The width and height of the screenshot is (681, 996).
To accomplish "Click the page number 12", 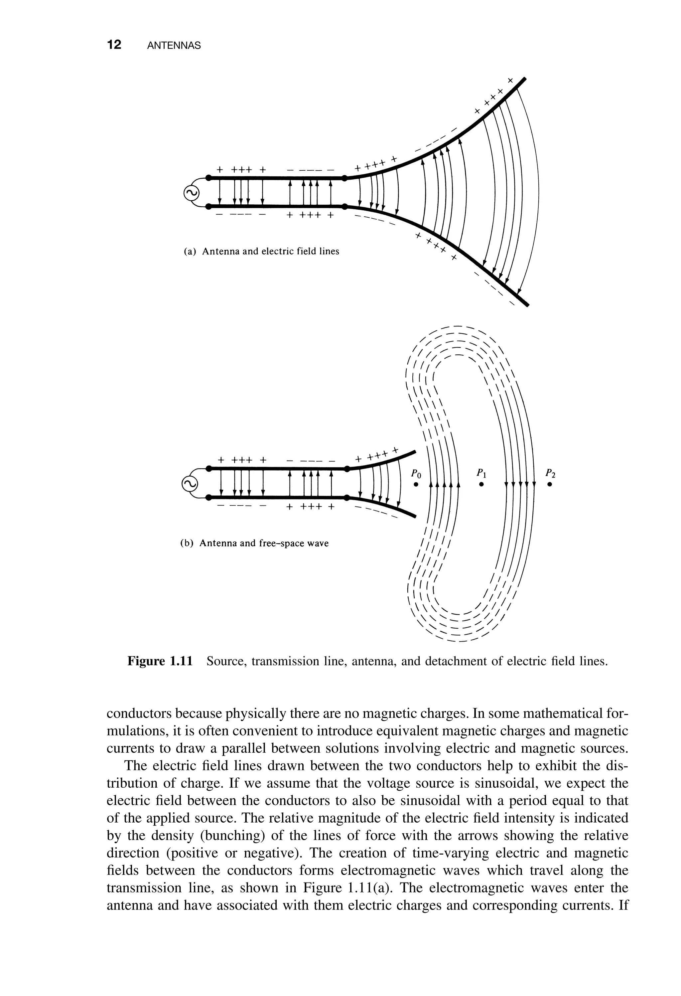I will coord(114,45).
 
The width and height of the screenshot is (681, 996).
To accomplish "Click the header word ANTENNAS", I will coord(174,46).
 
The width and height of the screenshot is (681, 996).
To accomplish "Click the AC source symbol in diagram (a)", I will coord(191,194).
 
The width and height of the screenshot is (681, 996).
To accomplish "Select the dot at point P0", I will coord(415,485).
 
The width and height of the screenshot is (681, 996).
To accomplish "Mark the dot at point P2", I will coord(550,485).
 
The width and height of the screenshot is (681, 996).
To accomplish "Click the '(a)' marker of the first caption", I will coord(190,252).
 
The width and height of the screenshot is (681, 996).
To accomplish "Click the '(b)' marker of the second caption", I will coord(187,543).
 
